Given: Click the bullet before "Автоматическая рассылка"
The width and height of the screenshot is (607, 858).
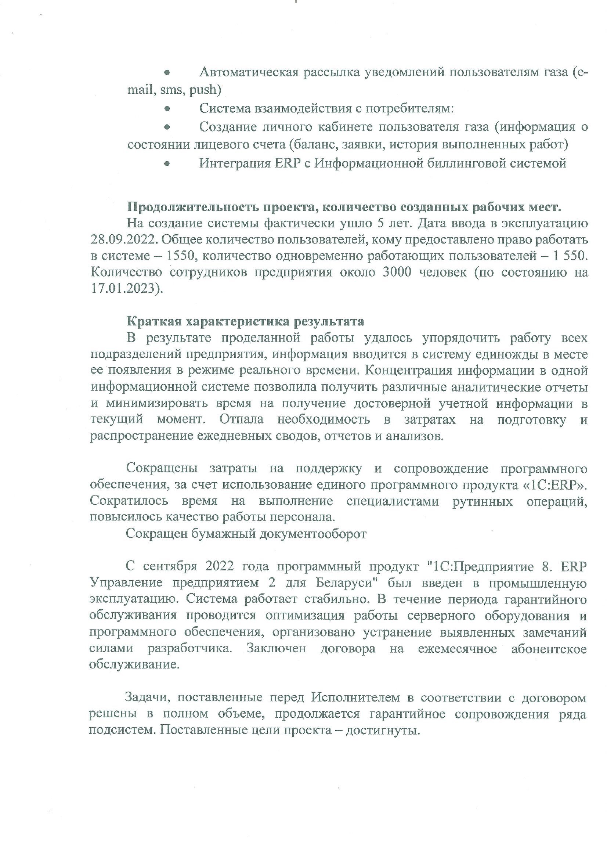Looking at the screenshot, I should [167, 72].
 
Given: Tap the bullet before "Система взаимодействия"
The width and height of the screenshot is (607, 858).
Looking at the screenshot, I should [167, 109].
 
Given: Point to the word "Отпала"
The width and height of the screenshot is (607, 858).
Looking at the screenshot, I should [242, 419].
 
